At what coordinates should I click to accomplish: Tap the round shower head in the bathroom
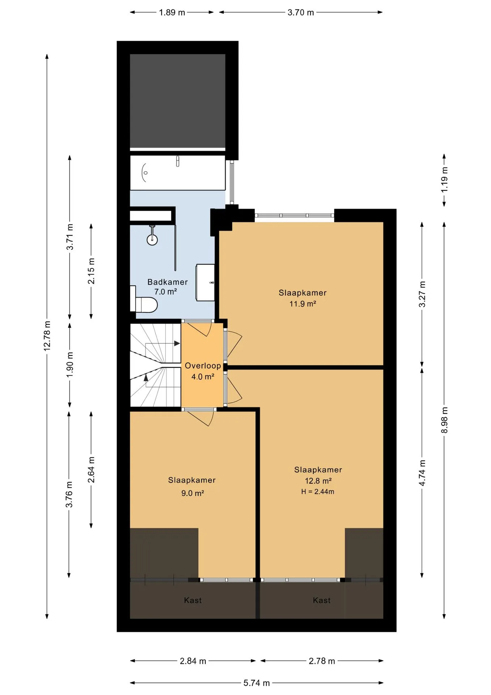[x=152, y=240]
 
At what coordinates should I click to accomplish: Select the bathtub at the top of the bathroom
[x=178, y=173]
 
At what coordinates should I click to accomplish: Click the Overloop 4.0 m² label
[x=203, y=371]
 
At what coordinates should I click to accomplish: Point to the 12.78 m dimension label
[x=47, y=335]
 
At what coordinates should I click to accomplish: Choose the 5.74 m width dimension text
[x=256, y=683]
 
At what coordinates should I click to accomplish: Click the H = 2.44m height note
[x=318, y=492]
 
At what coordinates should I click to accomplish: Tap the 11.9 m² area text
[x=303, y=304]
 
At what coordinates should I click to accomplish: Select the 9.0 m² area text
[x=193, y=493]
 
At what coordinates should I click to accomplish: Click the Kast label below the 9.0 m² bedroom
[x=193, y=600]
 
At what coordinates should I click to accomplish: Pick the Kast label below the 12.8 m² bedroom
[x=321, y=600]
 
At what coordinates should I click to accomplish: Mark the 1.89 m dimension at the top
[x=172, y=12]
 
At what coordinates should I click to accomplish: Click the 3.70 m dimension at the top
[x=301, y=12]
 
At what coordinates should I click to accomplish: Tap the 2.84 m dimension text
[x=193, y=661]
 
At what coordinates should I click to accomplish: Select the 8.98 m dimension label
[x=444, y=420]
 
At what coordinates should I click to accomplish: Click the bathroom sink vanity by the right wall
[x=205, y=282]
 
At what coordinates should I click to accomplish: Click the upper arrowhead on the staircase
[x=177, y=343]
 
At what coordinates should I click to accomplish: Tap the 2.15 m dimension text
[x=91, y=271]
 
